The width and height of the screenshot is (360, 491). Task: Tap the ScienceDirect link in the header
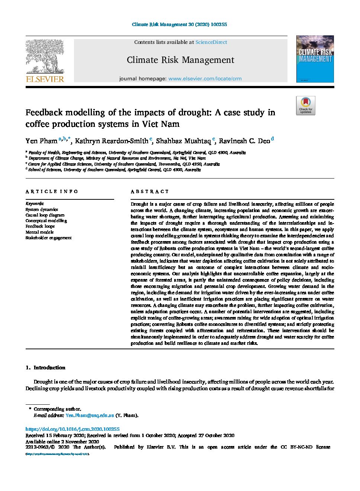click(x=211, y=42)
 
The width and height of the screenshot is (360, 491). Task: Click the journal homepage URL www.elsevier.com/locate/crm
click(x=205, y=79)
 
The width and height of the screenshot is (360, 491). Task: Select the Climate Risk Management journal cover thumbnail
click(x=315, y=59)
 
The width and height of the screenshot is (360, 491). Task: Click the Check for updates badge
click(x=305, y=106)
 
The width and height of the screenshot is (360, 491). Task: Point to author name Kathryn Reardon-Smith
click(x=112, y=141)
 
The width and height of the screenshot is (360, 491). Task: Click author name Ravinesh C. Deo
click(x=244, y=141)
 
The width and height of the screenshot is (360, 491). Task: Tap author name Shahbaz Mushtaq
click(x=183, y=141)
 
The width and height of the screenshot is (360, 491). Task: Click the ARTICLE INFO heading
click(x=52, y=192)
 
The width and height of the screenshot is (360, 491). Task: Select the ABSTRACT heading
click(x=150, y=192)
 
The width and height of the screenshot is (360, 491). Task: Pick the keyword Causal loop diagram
click(x=45, y=215)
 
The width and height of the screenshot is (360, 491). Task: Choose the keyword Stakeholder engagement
click(x=48, y=238)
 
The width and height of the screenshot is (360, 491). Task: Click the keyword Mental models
click(x=39, y=232)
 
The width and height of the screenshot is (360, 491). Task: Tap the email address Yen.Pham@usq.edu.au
click(x=90, y=415)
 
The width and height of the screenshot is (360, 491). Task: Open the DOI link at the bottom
click(x=73, y=429)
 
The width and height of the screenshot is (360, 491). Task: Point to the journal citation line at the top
click(x=179, y=25)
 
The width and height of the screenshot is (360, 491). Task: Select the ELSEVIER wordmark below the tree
click(x=45, y=79)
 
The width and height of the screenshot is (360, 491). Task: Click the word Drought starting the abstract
click(x=139, y=204)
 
